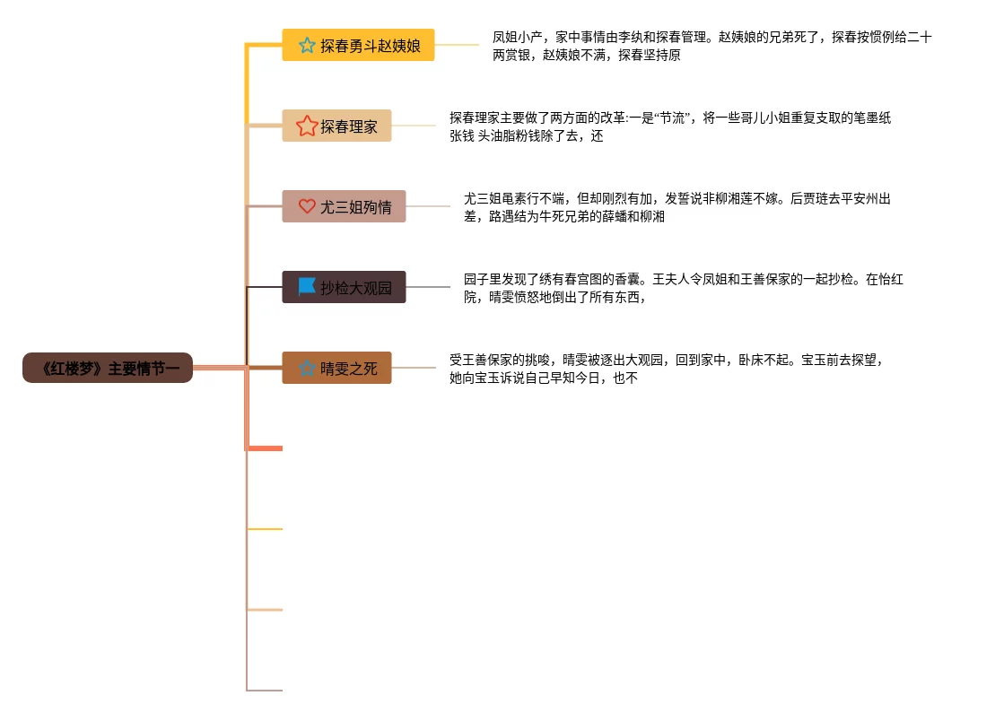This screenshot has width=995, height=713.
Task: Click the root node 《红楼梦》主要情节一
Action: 108,368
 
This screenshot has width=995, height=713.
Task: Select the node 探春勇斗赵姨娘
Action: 358,45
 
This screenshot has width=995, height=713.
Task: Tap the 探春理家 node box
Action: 336,126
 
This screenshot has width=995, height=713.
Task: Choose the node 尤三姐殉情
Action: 344,206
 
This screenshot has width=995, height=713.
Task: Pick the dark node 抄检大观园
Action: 344,287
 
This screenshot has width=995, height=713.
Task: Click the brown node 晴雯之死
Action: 336,368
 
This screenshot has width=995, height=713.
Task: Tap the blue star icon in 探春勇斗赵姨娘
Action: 307,45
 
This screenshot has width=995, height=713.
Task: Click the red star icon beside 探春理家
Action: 307,126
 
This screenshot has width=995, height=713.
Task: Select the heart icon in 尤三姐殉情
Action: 307,206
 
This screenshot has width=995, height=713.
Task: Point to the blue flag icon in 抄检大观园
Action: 307,287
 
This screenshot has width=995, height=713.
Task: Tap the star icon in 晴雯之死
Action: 307,368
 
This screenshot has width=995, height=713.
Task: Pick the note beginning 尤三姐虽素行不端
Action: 677,207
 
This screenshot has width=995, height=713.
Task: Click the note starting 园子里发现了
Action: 683,288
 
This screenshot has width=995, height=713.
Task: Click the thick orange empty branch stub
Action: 266,448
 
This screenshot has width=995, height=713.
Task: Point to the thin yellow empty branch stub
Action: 266,529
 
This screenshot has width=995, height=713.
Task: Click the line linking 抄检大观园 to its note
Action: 427,287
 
